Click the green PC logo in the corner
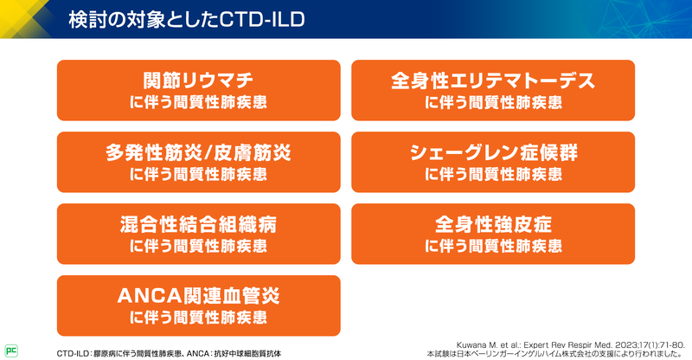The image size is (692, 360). point(12,350)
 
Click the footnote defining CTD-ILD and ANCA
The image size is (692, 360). point(169,354)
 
